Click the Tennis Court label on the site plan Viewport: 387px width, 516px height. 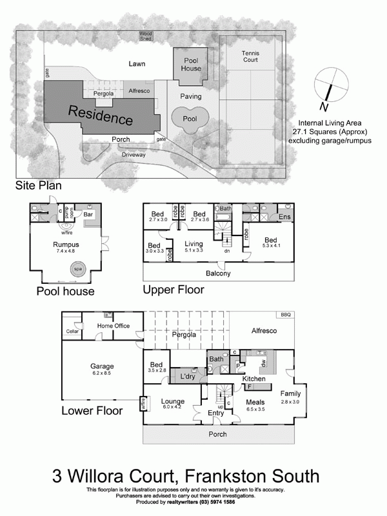(250, 56)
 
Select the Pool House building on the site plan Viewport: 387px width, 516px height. (190, 64)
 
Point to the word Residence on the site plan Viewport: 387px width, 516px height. (101, 116)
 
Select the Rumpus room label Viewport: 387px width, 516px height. (64, 245)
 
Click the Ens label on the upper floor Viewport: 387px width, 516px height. (284, 217)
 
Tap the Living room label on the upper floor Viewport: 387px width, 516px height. (194, 244)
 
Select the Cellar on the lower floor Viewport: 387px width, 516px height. (72, 332)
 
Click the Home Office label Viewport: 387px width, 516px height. (113, 326)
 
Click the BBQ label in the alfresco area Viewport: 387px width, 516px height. (286, 315)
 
